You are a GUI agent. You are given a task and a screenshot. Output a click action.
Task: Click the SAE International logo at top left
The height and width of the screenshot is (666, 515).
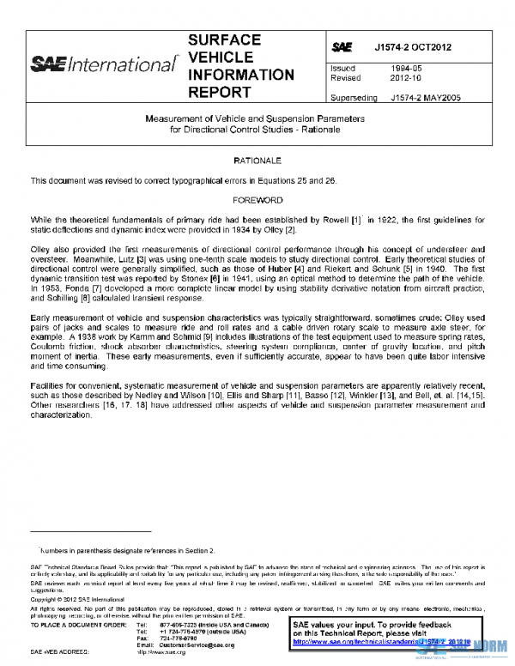pyautogui.click(x=102, y=64)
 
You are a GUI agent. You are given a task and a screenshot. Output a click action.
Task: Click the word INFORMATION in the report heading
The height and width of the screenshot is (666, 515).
pyautogui.click(x=240, y=75)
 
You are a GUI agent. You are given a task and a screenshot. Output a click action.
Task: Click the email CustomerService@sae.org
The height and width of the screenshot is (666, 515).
pyautogui.click(x=197, y=644)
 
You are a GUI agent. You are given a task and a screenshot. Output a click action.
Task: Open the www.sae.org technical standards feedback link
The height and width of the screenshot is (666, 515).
pyautogui.click(x=384, y=641)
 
